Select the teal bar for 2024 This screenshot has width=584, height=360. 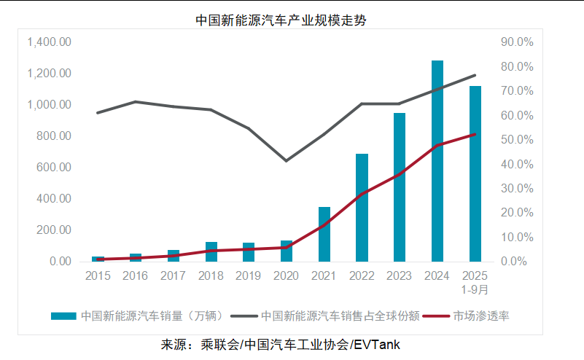[x=437, y=160]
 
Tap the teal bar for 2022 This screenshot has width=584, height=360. [x=362, y=208]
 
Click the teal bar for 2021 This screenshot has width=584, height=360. [x=324, y=234]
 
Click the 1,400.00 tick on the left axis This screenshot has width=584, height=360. [x=49, y=42]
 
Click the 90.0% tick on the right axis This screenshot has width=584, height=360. [x=517, y=42]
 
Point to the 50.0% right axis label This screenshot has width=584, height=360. [x=517, y=140]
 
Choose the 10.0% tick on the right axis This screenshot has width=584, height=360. [x=517, y=238]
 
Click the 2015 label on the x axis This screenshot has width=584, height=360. [x=98, y=276]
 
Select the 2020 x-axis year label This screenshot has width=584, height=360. [x=286, y=276]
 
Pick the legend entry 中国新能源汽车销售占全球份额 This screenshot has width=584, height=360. [x=340, y=316]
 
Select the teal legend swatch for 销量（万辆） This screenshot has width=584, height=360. [x=63, y=316]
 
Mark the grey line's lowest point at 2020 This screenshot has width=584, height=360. [x=286, y=160]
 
